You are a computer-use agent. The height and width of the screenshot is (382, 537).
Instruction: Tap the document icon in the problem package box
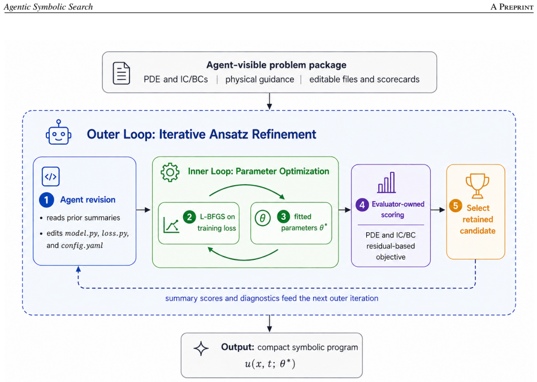coord(121,73)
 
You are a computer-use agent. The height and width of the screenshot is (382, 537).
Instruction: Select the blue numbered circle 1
coord(46,200)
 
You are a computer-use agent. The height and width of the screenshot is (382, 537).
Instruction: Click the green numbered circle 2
coord(189,216)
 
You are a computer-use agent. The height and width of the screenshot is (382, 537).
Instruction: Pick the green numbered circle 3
coord(283,216)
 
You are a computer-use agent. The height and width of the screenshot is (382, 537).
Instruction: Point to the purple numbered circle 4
coord(362,205)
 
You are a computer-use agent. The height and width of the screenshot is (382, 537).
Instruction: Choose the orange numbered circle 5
coord(456,206)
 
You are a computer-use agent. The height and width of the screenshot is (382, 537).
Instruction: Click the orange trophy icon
coord(477,186)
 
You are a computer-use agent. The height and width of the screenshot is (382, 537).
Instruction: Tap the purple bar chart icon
coord(387,183)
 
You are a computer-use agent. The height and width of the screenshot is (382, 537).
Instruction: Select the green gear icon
coord(170,172)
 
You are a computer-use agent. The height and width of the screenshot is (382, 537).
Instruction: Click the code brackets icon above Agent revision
coord(51,177)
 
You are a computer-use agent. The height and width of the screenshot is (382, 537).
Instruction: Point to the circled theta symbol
coord(263,218)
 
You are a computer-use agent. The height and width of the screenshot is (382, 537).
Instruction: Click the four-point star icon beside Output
coord(201,349)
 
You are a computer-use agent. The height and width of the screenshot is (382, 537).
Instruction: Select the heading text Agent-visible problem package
coord(276,65)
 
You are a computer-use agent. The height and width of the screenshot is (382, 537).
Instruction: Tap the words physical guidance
coord(259,80)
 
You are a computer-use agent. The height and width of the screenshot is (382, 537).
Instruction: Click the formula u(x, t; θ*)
coord(270,363)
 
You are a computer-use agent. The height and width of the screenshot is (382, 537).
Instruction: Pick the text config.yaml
coord(82,246)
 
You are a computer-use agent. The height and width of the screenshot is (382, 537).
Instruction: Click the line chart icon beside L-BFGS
coord(171,225)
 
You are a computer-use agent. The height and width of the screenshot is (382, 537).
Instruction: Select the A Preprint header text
coord(512,7)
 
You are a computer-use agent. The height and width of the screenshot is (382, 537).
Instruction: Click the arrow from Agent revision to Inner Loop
coord(144,210)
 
